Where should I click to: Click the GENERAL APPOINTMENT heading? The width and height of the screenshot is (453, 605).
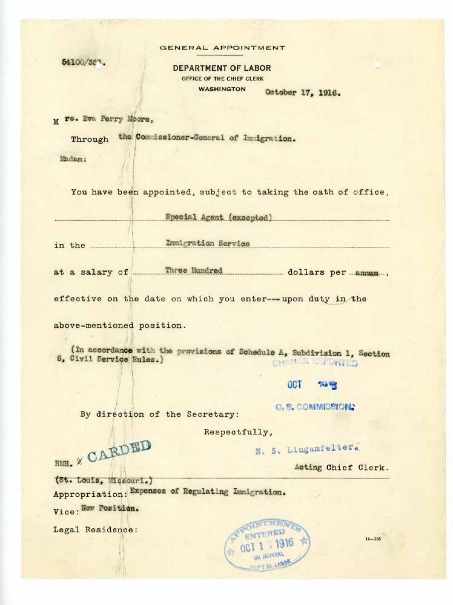[222, 48]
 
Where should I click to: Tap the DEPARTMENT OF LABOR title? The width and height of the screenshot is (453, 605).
[222, 68]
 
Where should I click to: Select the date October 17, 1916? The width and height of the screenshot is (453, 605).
[303, 93]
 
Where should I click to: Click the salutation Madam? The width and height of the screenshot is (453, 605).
[73, 159]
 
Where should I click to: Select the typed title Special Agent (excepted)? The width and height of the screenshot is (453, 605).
[218, 217]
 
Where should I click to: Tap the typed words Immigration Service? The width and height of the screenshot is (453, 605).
[208, 243]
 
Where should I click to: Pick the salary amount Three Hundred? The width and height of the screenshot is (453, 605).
[194, 270]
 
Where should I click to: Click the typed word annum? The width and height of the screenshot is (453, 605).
[367, 273]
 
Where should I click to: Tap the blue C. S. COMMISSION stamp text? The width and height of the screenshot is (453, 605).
[315, 407]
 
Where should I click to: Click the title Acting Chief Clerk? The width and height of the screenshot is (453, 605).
[342, 467]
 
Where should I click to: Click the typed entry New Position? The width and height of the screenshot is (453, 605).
[110, 508]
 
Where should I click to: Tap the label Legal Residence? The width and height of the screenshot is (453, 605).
[95, 530]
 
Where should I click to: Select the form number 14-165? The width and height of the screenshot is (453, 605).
[373, 540]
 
